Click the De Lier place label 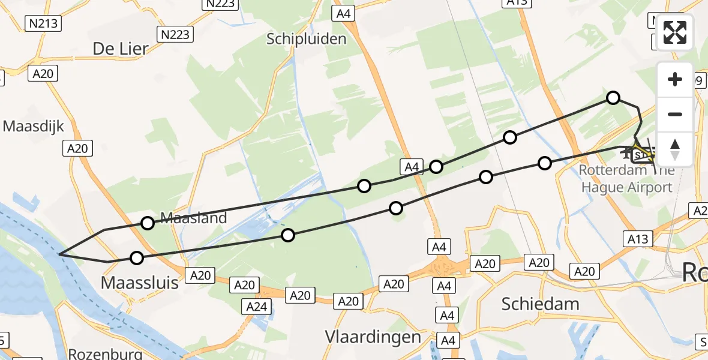121,49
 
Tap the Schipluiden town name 307,40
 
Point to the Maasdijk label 34,127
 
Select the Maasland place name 193,218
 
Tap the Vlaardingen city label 373,337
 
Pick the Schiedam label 541,304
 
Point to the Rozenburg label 106,353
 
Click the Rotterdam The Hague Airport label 626,179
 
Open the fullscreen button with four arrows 675,32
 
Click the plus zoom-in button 675,79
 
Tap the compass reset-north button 675,149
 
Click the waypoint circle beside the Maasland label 148,223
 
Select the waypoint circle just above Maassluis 137,258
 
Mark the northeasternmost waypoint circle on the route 613,97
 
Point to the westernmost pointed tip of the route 59,254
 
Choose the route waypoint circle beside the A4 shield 436,167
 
